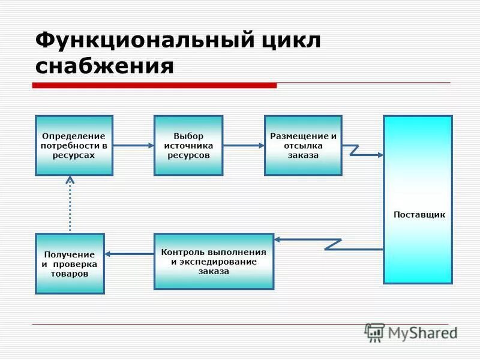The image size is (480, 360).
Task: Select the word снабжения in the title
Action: [104, 66]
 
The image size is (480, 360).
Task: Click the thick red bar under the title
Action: [154, 86]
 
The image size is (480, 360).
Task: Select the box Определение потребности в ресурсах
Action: [74, 145]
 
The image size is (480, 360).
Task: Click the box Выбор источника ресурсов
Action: [188, 145]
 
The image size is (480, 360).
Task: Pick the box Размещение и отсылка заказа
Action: [303, 145]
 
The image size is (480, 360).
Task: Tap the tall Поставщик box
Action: [418, 198]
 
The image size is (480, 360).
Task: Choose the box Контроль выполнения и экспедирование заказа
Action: [214, 261]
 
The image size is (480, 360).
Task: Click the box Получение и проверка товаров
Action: [70, 263]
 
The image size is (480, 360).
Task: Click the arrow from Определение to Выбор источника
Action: [133, 145]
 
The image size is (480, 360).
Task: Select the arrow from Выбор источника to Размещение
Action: [243, 145]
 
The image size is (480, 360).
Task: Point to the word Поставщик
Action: [419, 215]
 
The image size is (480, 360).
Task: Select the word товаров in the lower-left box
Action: [70, 274]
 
